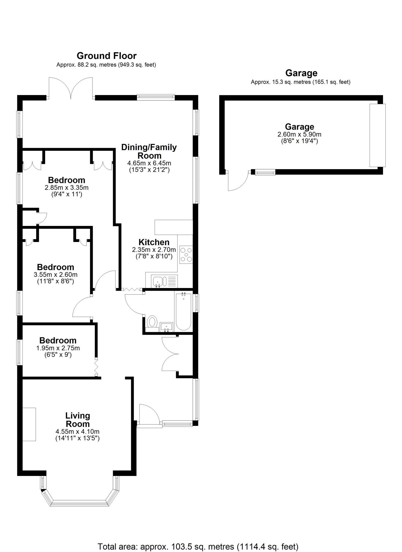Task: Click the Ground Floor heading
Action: [107, 56]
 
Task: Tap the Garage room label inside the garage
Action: [299, 127]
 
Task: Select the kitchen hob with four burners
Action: [186, 255]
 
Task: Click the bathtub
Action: [183, 312]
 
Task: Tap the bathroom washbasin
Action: [166, 327]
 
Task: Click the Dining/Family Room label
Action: [149, 151]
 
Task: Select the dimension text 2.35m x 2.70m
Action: [154, 250]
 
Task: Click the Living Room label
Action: [78, 420]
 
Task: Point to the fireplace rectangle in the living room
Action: [29, 424]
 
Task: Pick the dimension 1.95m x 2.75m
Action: [58, 348]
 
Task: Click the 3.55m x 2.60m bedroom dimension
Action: [55, 275]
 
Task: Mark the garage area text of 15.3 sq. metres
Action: [300, 82]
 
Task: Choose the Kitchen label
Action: [154, 242]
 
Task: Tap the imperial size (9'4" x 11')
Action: [66, 194]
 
